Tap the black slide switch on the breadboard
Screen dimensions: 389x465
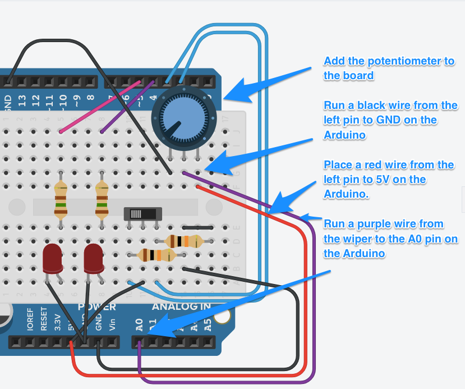[x=142, y=214]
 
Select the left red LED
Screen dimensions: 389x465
[x=53, y=259]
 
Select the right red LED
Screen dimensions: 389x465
[x=94, y=259]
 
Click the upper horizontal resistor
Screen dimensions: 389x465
[x=183, y=241]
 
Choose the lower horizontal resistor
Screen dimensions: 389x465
[x=157, y=255]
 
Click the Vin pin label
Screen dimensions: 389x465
[x=112, y=325]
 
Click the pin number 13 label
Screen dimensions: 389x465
[x=22, y=101]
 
